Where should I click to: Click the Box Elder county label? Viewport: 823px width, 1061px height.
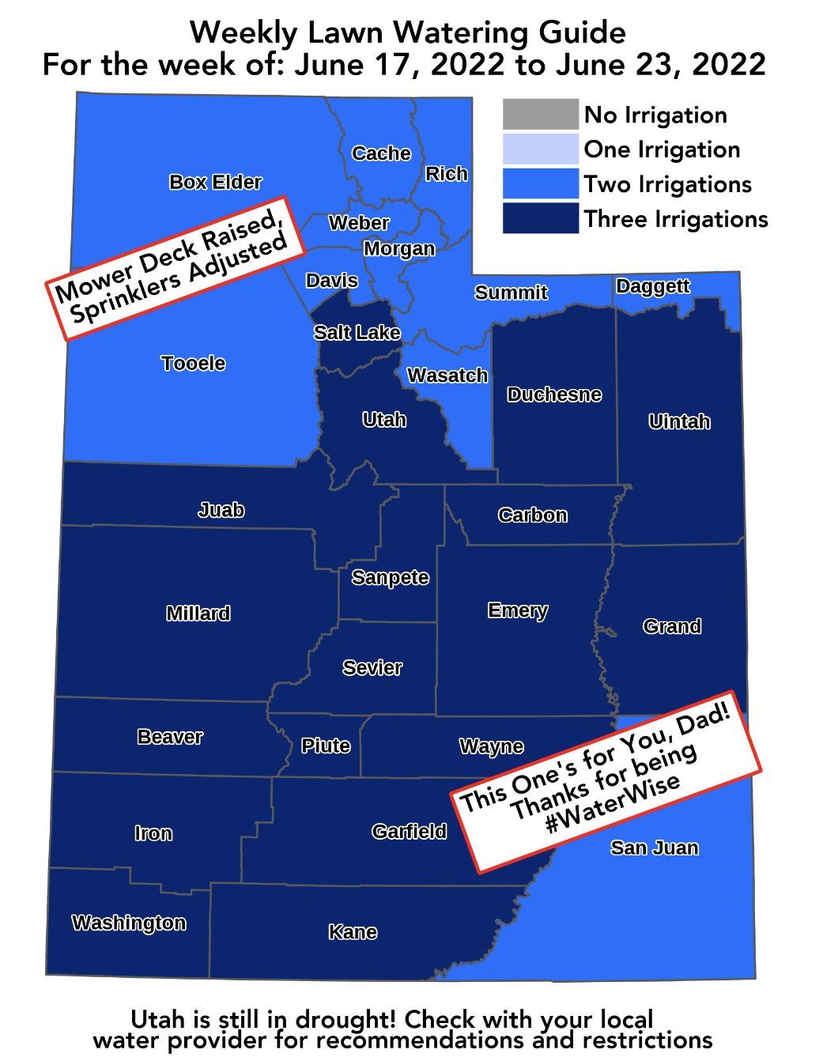(215, 182)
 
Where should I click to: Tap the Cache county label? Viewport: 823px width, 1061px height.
(381, 153)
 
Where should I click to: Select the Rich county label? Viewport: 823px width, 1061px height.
(447, 174)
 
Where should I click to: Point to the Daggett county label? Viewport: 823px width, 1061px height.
(653, 285)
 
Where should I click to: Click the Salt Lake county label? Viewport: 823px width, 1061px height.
(357, 332)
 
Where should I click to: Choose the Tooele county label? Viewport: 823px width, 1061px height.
(193, 363)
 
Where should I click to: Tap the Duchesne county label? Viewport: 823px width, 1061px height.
(554, 394)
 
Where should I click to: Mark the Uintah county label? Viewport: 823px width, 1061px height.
(679, 421)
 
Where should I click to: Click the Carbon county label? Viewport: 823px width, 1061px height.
(532, 515)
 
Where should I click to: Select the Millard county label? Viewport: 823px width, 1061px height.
(198, 614)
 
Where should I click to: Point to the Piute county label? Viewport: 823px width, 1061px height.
(326, 746)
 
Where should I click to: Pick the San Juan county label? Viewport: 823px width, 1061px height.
(655, 848)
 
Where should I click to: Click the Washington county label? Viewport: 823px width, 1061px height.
(129, 923)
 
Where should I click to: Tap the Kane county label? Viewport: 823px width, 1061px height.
(353, 932)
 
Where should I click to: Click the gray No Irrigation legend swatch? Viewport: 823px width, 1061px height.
(541, 115)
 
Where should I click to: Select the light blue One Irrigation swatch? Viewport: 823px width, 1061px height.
(541, 149)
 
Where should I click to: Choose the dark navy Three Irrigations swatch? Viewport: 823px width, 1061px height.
(541, 218)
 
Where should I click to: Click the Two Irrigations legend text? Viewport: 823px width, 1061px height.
(668, 184)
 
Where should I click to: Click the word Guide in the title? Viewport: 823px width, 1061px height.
(582, 32)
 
